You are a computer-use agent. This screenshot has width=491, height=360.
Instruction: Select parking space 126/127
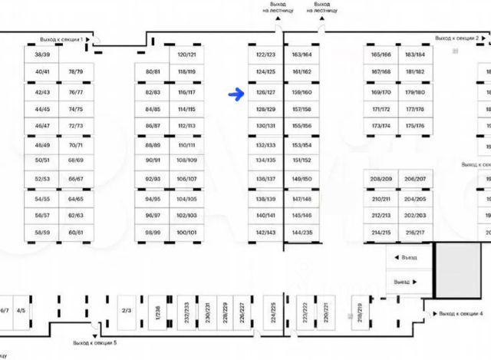tap(265, 92)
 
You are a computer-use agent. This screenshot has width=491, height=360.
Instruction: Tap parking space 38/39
tap(42, 54)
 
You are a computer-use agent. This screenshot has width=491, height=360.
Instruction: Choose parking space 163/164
tap(302, 54)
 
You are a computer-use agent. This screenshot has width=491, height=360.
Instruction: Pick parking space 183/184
tap(414, 54)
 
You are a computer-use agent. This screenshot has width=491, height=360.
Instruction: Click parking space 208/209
tap(381, 179)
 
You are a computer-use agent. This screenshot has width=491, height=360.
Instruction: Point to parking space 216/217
tap(414, 232)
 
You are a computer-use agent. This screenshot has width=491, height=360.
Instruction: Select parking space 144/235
tap(302, 232)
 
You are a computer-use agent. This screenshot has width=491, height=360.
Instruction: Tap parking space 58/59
tap(42, 232)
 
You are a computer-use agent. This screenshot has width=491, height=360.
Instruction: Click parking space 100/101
tap(186, 232)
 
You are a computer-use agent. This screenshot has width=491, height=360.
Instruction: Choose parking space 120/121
tap(186, 54)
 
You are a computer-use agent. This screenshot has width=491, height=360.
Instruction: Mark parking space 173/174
tap(381, 126)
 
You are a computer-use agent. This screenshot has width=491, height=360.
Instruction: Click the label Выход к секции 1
tap(61, 38)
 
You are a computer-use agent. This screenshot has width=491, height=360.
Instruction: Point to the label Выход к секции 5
tap(95, 342)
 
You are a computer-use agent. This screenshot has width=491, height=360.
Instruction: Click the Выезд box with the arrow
tap(407, 282)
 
